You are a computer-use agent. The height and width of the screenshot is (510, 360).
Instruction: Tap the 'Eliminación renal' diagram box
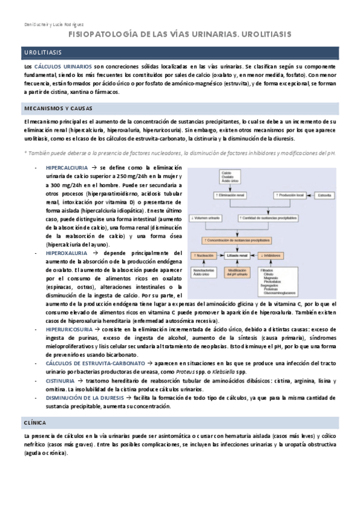[231, 195]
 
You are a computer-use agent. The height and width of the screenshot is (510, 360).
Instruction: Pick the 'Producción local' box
[290, 195]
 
